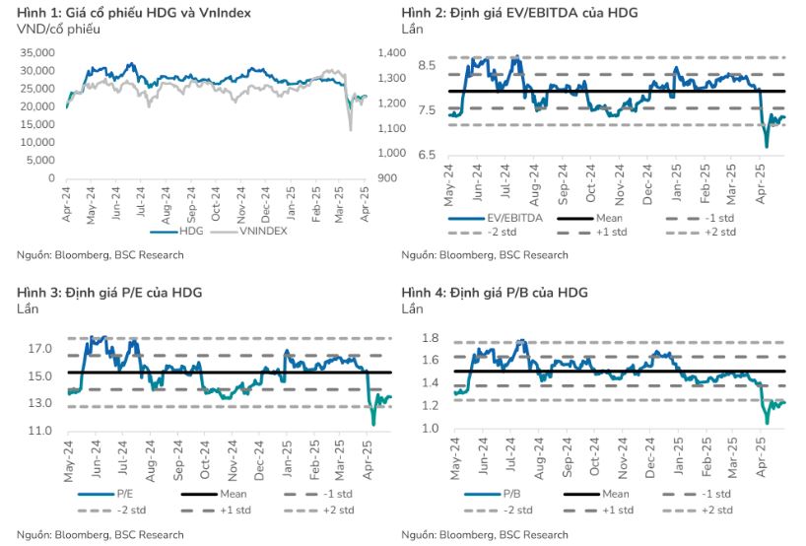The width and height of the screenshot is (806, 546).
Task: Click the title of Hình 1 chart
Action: (x=134, y=12)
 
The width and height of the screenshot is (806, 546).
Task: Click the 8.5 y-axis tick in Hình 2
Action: (x=426, y=65)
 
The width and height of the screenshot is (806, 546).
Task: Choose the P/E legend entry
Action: (x=122, y=494)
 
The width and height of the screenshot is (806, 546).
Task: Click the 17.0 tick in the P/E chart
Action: (x=40, y=349)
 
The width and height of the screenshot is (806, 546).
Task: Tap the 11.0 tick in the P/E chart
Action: (x=40, y=432)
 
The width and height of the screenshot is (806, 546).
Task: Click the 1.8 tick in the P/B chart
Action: (x=431, y=338)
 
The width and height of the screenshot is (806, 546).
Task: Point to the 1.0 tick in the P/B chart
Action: (x=431, y=429)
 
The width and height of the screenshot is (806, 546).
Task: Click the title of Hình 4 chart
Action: (x=495, y=293)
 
